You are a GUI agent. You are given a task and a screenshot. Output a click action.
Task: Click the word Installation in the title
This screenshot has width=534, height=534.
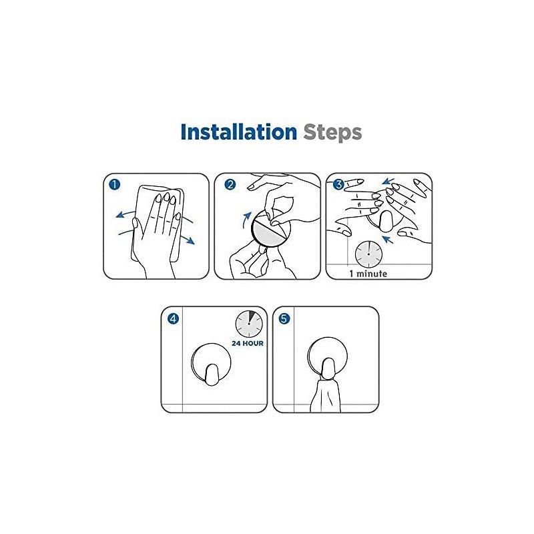pos(238,131)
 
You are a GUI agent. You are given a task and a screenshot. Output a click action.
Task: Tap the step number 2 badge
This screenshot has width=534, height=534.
pos(229,184)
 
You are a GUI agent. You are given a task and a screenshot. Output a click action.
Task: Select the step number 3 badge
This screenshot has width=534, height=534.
pos(338,184)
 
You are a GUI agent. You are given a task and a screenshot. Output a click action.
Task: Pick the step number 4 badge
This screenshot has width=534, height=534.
pos(173,319)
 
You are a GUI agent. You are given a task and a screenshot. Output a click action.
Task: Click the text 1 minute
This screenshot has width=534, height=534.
pos(368,274)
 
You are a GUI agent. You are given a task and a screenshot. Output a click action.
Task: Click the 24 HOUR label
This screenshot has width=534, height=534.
pos(248,344)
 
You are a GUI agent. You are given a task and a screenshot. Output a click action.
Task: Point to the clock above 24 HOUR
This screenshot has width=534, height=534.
pos(248,324)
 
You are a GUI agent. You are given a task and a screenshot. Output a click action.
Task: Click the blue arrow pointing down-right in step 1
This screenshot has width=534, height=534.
pos(189,239)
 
